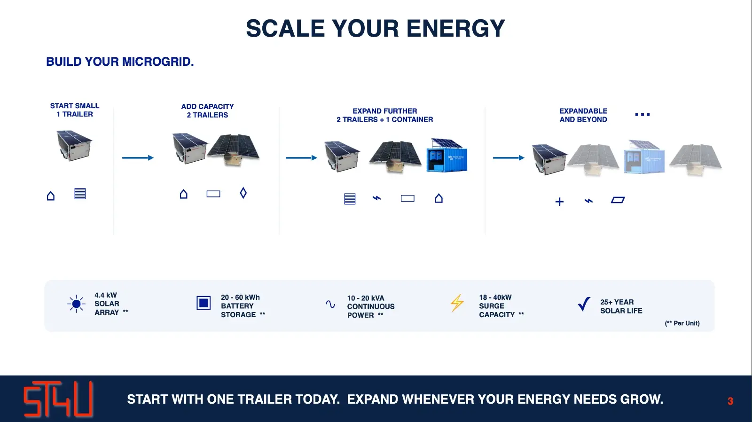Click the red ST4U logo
[x=58, y=399]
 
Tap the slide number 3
[x=730, y=401]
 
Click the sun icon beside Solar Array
[x=76, y=304]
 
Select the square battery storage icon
[x=204, y=303]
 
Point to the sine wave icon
[x=330, y=304]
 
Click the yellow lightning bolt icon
[x=457, y=303]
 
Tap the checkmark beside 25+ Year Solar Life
[x=584, y=304]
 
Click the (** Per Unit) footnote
[x=682, y=323]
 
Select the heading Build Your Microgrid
[x=120, y=62]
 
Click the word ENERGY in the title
[x=455, y=28]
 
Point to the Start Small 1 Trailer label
[x=75, y=110]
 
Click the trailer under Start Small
[x=74, y=146]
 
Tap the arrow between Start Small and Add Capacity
[x=138, y=158]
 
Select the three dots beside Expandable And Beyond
[x=642, y=115]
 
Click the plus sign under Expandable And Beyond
[x=559, y=202]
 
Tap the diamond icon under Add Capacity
[x=243, y=193]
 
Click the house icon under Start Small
[x=51, y=195]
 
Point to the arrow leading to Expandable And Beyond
[x=509, y=158]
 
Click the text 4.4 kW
[x=105, y=295]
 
